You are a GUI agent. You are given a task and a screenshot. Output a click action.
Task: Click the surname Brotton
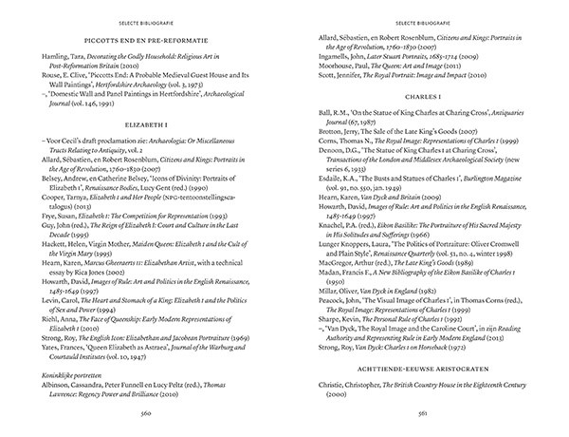point(327,130)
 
